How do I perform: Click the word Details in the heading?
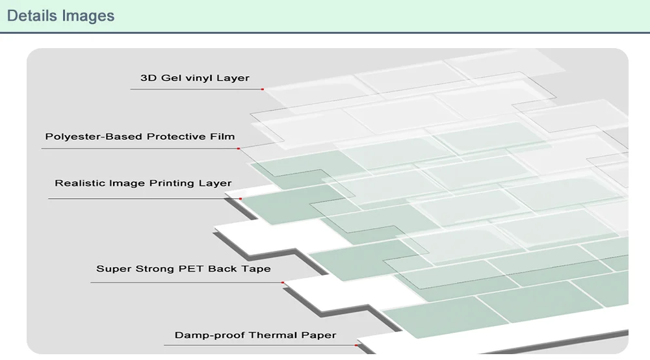(31, 16)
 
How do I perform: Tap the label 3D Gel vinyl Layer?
(195, 78)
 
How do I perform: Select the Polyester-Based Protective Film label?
(140, 136)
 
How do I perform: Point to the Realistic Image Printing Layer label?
(143, 183)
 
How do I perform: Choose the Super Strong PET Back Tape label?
(183, 268)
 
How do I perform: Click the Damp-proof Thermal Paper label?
(255, 335)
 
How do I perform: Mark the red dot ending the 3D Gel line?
(263, 89)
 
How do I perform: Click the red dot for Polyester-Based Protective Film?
(239, 148)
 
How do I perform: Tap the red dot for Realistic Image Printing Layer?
(240, 199)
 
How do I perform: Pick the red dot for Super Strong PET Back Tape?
(283, 283)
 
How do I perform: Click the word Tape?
(256, 268)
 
